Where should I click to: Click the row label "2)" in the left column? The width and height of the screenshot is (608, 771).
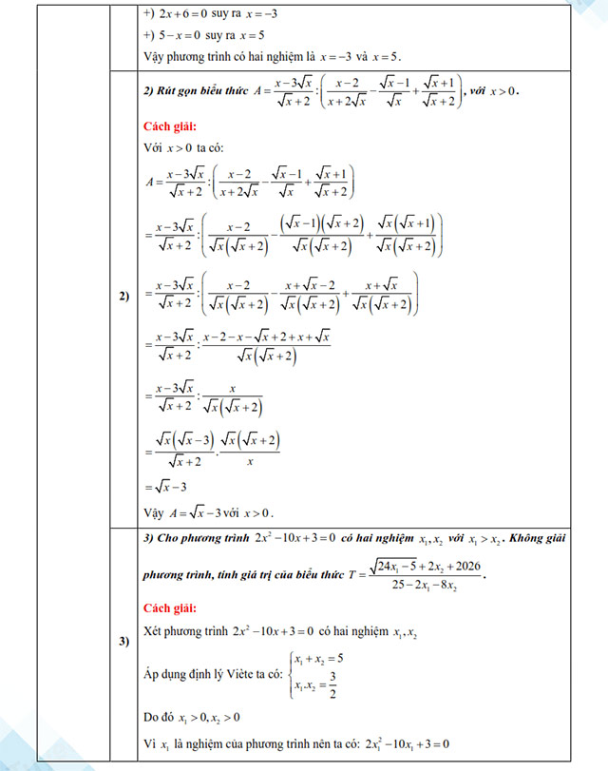coord(124,296)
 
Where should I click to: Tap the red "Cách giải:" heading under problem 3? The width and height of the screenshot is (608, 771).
coord(170,607)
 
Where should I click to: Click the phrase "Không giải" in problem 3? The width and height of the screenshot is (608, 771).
coord(536,538)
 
